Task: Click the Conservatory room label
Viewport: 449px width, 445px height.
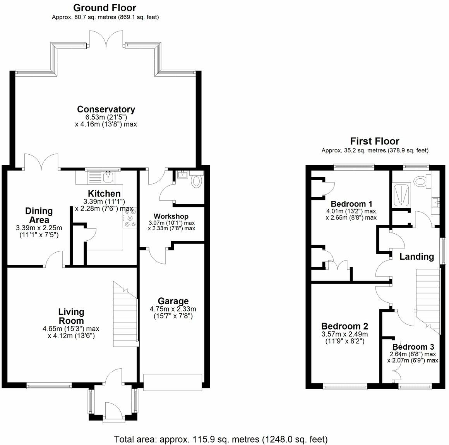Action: click(106, 109)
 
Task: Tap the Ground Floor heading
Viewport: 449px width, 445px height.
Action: click(105, 8)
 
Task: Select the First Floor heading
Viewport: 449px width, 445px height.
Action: click(375, 141)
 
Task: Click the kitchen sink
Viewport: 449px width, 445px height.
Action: click(108, 177)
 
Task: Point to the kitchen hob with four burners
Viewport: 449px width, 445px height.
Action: click(130, 218)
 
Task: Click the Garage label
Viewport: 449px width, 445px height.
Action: click(173, 301)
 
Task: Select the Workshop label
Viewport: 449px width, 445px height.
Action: click(171, 216)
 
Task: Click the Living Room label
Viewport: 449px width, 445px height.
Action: click(71, 316)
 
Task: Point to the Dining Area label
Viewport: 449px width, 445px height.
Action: click(39, 216)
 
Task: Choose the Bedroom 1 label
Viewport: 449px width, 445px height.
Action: click(351, 204)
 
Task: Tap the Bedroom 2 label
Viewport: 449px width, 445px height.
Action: click(344, 326)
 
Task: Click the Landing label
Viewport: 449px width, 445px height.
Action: click(416, 256)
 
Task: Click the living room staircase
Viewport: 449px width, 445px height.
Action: click(125, 314)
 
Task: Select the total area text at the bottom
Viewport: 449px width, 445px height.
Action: click(221, 439)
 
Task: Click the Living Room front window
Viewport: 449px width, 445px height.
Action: click(49, 386)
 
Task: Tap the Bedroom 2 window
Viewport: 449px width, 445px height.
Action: click(345, 387)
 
